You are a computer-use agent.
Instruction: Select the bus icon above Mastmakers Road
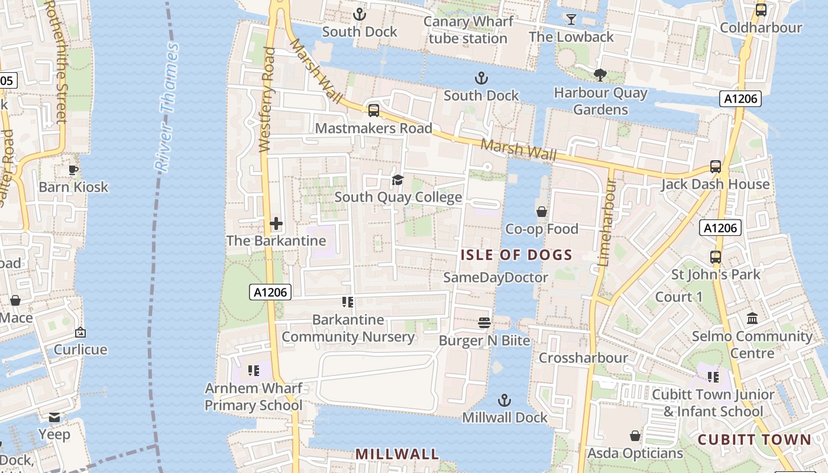coord(373,111)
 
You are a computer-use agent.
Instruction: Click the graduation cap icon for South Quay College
coord(397,180)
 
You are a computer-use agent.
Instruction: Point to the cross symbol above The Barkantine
coord(276,224)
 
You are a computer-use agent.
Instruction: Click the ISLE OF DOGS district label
coord(516,255)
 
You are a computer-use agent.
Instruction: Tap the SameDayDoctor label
coord(496,277)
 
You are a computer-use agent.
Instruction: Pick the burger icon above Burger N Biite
coord(484,323)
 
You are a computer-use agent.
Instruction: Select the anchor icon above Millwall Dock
coord(504,400)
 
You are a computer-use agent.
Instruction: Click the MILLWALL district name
coord(397,454)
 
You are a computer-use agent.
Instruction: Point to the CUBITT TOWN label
coord(754,440)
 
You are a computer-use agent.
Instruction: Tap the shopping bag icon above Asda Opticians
coord(635,436)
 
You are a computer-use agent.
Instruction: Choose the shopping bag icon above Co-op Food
coord(541,211)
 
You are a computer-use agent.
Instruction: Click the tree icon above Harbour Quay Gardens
coord(600,74)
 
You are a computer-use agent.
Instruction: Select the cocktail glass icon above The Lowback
coord(571,20)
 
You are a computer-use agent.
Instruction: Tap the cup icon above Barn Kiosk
coord(73,170)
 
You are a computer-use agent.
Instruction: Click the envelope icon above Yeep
coord(54,417)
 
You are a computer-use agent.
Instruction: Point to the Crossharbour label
coord(583,358)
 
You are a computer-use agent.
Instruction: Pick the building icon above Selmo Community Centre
coord(752,319)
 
